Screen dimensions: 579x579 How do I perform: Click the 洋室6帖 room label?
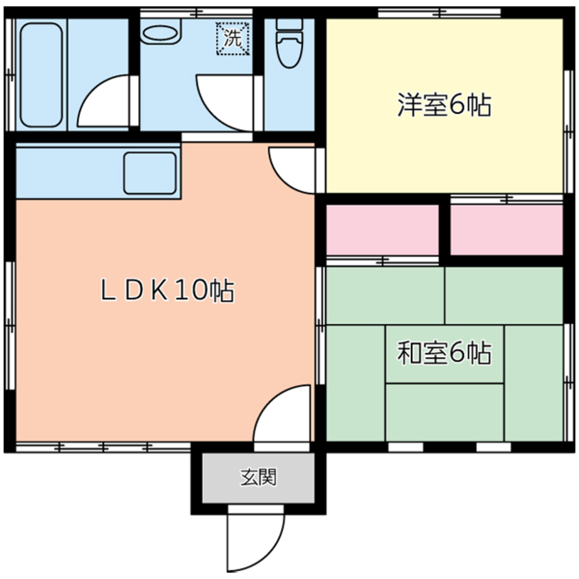pyautogui.click(x=444, y=106)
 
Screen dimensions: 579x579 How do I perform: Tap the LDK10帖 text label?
pyautogui.click(x=167, y=291)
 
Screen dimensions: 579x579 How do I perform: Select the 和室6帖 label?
pyautogui.click(x=444, y=353)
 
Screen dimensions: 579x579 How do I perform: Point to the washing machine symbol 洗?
pyautogui.click(x=233, y=39)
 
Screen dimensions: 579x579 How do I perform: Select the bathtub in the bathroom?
pyautogui.click(x=41, y=74)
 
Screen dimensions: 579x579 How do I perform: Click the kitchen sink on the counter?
pyautogui.click(x=150, y=173)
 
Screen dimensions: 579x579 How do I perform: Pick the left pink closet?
pyautogui.click(x=382, y=229)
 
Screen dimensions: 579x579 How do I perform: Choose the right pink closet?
pyautogui.click(x=507, y=229)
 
